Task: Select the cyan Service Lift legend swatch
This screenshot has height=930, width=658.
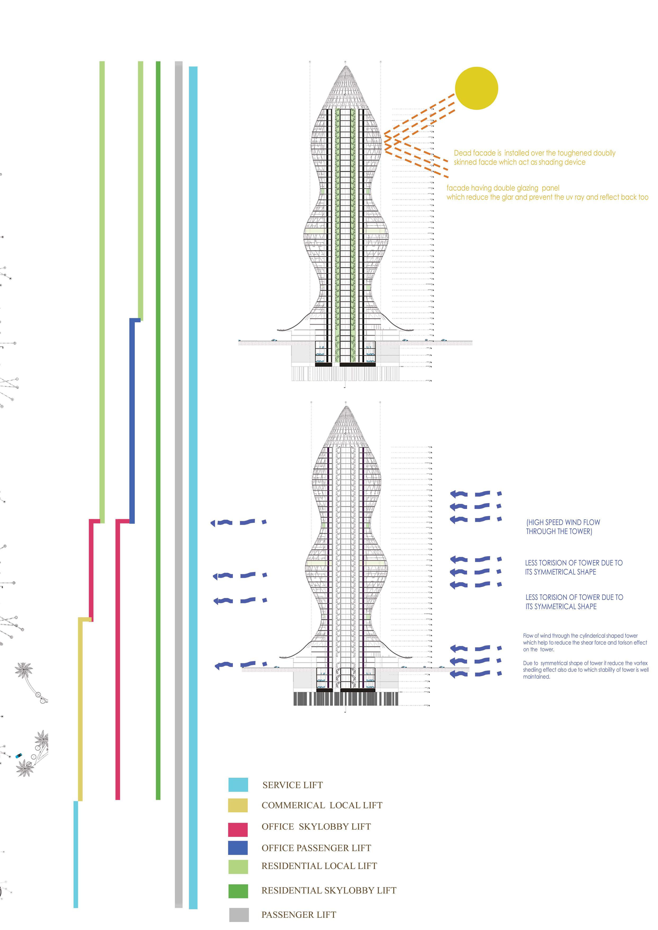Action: tap(238, 785)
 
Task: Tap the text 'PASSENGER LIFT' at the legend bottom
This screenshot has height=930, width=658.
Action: tap(299, 915)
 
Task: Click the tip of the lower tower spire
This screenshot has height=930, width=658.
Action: tap(345, 407)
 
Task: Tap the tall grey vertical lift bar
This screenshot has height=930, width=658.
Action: tap(179, 487)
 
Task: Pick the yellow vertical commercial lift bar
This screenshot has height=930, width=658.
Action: tap(80, 710)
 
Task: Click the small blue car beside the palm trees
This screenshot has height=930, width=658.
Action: tap(19, 756)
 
